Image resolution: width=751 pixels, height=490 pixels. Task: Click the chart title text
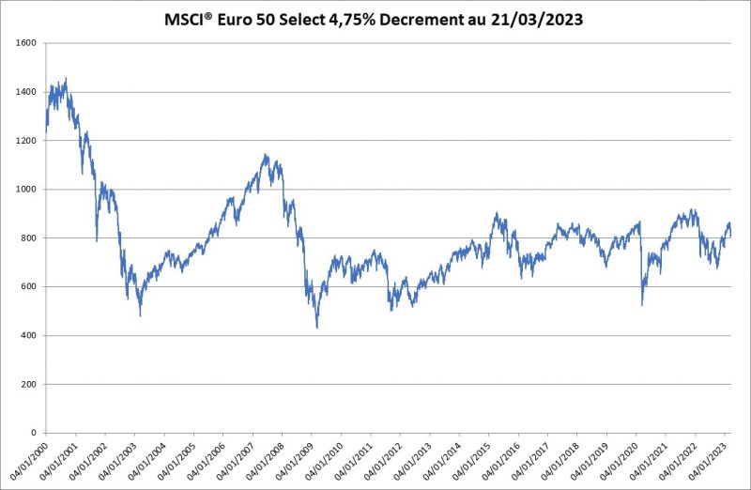click(x=375, y=17)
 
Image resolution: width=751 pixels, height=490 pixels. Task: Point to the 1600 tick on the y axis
click(x=25, y=43)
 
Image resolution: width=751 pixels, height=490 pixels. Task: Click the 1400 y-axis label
click(x=25, y=92)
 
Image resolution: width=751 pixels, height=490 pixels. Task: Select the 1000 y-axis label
click(x=25, y=190)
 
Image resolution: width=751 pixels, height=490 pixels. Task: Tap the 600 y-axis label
click(x=28, y=287)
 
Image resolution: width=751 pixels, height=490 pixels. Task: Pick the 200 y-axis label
click(x=28, y=385)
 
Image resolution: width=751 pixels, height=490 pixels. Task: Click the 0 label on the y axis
click(x=34, y=434)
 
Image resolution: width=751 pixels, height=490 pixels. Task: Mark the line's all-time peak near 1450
click(x=66, y=78)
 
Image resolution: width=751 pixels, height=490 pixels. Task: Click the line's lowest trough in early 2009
click(x=317, y=328)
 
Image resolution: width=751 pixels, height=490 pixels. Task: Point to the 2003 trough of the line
click(x=140, y=315)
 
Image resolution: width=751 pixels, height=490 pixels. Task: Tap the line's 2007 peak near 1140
click(x=266, y=155)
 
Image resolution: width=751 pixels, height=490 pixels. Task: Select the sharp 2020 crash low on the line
click(x=642, y=305)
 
